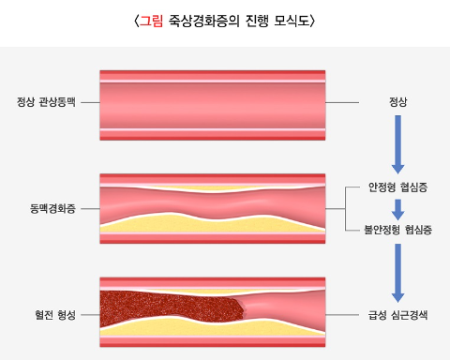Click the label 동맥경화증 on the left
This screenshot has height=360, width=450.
[52, 207]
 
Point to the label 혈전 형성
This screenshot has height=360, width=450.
[53, 315]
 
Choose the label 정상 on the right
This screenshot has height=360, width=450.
[397, 101]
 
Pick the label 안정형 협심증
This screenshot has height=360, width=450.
[398, 187]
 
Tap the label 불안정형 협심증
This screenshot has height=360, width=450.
[397, 228]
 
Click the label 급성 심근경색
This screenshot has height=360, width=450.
[398, 315]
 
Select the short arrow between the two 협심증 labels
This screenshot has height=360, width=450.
[397, 208]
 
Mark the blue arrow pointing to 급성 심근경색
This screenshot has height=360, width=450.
[397, 272]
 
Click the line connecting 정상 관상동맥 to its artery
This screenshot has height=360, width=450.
[89, 101]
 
